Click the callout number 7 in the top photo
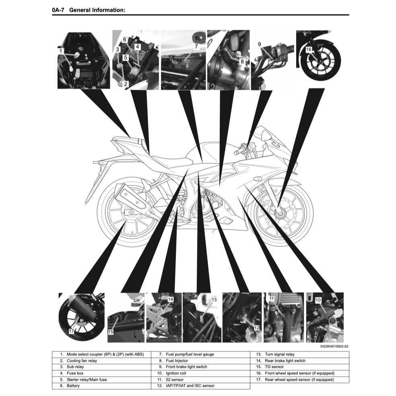point(196,47)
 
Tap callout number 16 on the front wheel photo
point(309,49)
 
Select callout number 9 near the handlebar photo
point(259,44)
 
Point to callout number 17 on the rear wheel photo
point(72,331)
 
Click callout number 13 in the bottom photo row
point(214,300)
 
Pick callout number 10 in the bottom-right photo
point(318,300)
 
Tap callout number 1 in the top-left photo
point(61,51)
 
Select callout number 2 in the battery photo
point(126,84)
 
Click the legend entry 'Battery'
point(73,386)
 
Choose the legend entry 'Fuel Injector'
point(177,361)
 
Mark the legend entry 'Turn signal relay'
point(280,354)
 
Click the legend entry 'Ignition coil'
point(176,373)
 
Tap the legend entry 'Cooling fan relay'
point(82,361)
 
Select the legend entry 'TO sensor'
point(274,367)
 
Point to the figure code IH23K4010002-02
point(334,346)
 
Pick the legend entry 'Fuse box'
point(75,373)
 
